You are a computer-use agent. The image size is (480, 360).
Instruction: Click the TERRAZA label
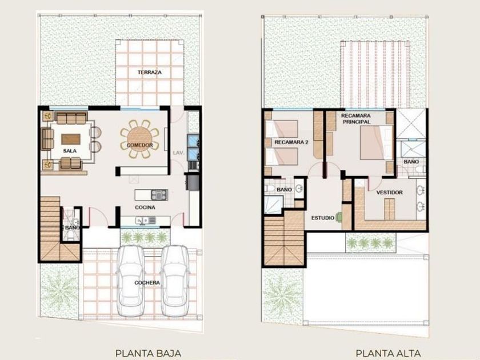point(149,72)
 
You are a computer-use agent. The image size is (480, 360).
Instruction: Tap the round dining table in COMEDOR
point(139,139)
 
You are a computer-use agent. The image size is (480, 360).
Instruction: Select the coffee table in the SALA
point(71,139)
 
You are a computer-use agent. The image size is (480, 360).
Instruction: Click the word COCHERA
point(147,282)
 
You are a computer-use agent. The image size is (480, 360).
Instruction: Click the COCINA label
point(145,207)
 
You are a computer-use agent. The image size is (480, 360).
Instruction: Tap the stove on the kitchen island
point(159,195)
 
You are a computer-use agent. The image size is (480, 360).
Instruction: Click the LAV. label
point(178,153)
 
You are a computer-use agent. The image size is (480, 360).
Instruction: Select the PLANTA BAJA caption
point(148,353)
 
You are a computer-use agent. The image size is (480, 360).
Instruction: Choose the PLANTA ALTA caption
point(388,353)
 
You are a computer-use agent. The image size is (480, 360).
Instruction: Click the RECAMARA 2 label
point(291,142)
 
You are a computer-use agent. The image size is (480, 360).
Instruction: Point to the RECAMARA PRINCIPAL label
point(356,119)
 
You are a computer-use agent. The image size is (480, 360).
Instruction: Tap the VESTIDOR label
point(389,193)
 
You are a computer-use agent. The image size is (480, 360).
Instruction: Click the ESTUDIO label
point(323,218)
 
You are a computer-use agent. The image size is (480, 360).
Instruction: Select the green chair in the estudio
point(339,217)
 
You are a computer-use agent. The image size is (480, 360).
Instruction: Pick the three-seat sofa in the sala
point(71,118)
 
